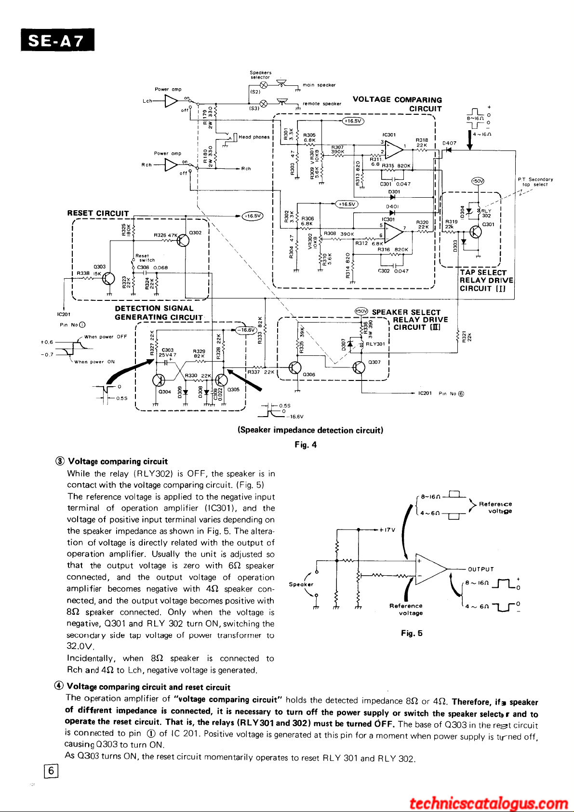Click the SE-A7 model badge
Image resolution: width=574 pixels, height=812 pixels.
57,41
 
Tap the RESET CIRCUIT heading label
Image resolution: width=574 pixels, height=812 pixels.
98,214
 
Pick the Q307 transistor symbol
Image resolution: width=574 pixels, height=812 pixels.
359,367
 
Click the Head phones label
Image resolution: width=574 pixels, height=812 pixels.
254,137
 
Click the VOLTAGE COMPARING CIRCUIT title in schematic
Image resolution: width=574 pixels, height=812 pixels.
397,104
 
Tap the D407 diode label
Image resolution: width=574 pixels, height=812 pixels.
449,143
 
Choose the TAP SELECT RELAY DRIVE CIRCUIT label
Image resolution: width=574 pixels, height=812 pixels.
486,281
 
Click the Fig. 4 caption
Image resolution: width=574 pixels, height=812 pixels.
306,445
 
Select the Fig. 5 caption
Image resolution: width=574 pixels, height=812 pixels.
412,634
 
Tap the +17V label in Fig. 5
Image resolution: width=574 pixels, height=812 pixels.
387,529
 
